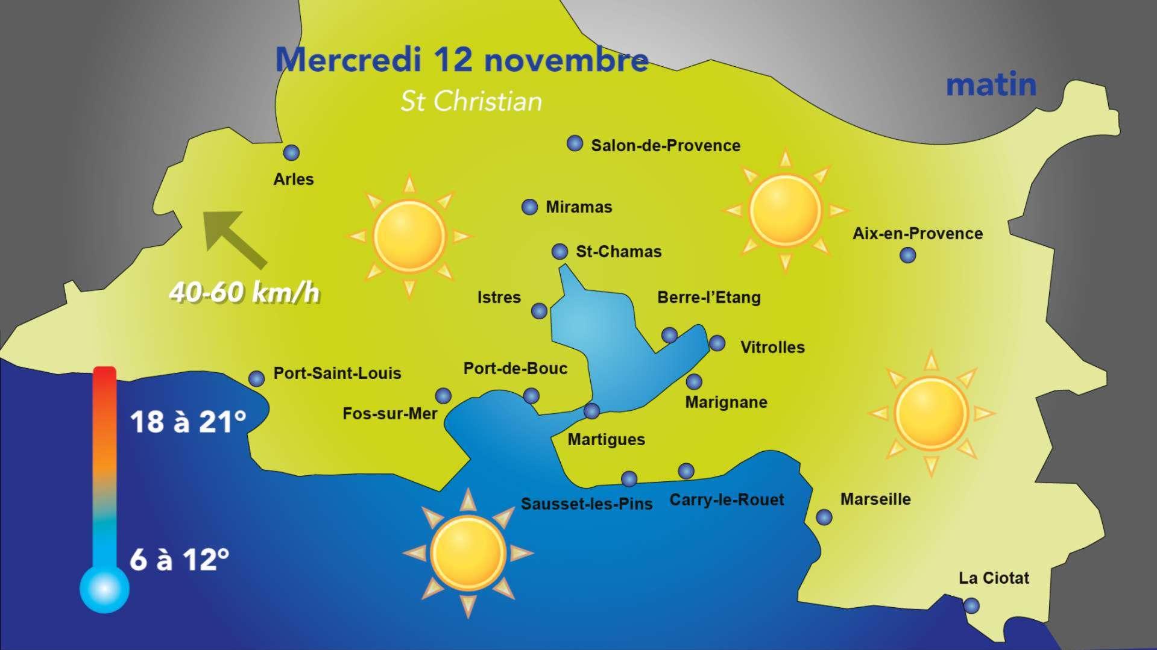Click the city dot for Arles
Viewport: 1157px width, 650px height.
(x=292, y=152)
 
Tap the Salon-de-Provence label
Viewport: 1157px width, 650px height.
(x=665, y=146)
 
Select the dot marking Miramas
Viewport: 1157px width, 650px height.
(x=529, y=207)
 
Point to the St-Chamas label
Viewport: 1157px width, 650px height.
(x=619, y=252)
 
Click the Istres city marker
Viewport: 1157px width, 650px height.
(x=539, y=311)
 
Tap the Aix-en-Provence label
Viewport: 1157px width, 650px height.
(x=917, y=234)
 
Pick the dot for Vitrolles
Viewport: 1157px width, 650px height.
(x=717, y=343)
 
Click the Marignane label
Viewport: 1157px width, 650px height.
(x=726, y=402)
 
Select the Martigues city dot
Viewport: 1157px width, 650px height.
(x=592, y=411)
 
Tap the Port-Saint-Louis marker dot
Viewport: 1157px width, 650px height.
(x=257, y=378)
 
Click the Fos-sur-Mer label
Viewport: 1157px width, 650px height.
(x=389, y=414)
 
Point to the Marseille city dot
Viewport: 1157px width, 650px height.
(x=824, y=517)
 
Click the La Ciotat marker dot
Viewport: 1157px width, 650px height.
(x=971, y=605)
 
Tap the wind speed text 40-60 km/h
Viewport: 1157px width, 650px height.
(x=244, y=293)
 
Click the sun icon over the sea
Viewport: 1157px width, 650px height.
(x=468, y=552)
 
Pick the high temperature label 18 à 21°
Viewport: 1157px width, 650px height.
(x=188, y=422)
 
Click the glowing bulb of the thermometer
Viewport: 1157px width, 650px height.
(x=104, y=588)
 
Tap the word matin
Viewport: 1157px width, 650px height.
(x=991, y=85)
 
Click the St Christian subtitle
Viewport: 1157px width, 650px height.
(x=471, y=102)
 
